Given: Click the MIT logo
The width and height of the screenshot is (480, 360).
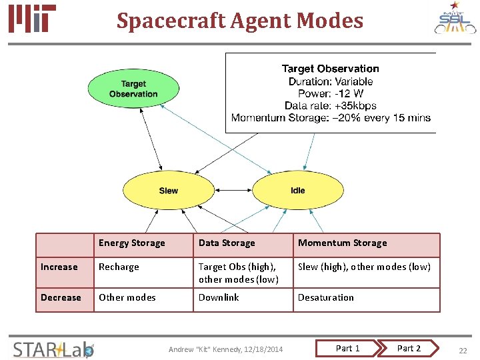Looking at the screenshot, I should coord(32,19).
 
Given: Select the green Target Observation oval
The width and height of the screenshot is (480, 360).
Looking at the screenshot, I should coord(133,89).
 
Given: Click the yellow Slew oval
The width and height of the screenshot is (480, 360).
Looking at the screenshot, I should coord(168,190).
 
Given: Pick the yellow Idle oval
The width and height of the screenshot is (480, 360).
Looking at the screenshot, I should coord(297,190).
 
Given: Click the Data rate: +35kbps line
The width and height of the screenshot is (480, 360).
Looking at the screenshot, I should coord(331,105).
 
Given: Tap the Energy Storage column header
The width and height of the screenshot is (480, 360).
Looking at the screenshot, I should coord(131,243).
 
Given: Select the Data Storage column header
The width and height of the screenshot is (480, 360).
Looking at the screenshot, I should coord(227,243).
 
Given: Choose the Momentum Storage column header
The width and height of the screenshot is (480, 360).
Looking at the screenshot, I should coord(342,243).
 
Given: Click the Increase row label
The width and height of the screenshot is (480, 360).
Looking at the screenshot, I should coord(59,267).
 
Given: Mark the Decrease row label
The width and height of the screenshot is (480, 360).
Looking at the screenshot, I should coord(61,298).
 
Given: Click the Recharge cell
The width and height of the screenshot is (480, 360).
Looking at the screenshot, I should coord(119,267).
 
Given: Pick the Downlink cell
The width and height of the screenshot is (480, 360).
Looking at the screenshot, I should coord(219,298).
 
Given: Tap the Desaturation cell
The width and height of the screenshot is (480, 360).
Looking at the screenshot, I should coord(326,298).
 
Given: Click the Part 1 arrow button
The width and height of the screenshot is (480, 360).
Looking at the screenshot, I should coord(348,348).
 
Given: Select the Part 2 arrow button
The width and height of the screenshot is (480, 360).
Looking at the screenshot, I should coord(409,348).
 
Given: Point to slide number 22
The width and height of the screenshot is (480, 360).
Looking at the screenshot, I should coord(463,349).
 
